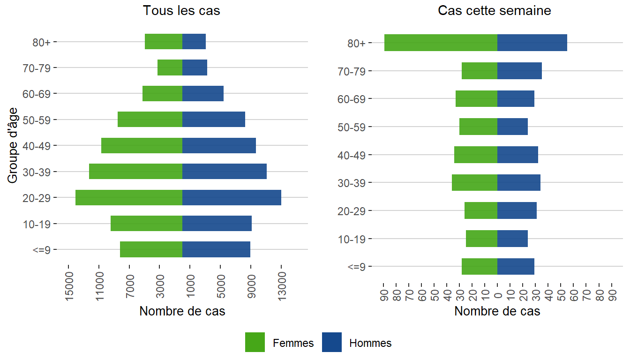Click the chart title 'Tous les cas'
181,11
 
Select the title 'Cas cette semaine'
495,11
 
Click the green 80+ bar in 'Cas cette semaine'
441,43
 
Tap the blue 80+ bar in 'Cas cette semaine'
532,43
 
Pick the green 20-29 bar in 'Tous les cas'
129,197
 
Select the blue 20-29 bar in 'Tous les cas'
232,197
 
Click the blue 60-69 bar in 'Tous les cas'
203,93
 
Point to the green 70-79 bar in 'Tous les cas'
170,67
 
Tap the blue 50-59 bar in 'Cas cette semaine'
512,127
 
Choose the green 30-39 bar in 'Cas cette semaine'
474,182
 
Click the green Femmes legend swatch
255,342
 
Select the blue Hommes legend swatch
332,342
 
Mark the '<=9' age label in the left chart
45,250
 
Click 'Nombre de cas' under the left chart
182,311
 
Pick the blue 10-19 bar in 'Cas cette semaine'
512,239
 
